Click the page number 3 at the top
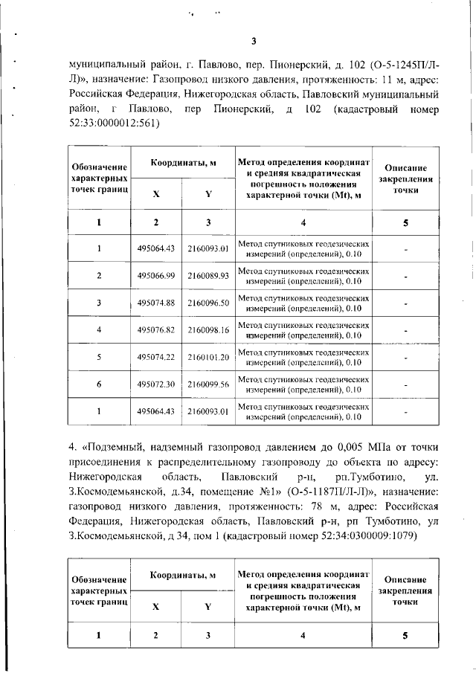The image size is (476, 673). click(253, 41)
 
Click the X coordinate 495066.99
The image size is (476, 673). click(155, 276)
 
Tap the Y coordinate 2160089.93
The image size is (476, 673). click(208, 276)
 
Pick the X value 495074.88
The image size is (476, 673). click(155, 303)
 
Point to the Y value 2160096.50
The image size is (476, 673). click(208, 303)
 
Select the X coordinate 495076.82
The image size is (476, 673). click(155, 329)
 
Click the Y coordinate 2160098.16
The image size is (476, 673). click(208, 329)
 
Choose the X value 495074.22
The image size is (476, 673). click(155, 357)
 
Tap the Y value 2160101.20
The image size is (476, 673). click(208, 357)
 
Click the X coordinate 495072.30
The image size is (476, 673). click(155, 384)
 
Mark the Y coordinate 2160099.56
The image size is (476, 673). click(208, 384)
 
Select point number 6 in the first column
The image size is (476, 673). click(99, 384)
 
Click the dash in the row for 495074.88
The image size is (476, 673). click(406, 303)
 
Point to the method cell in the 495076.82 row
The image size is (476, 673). click(303, 329)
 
